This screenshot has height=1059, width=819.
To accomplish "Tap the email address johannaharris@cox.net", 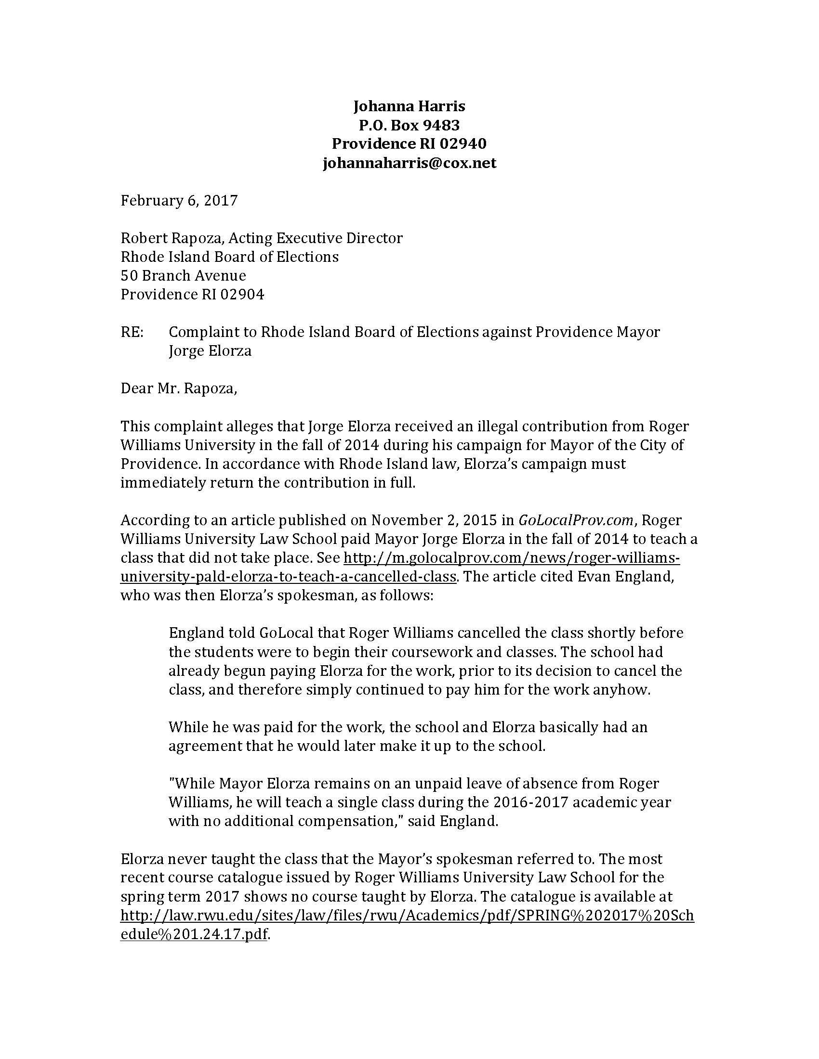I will (x=409, y=162).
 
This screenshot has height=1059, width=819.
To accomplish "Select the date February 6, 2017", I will (x=179, y=200).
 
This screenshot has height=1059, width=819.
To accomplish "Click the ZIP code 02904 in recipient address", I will (x=242, y=294).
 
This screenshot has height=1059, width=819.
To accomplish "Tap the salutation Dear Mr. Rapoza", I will (x=179, y=388).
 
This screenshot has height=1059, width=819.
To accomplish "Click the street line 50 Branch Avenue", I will (x=183, y=275).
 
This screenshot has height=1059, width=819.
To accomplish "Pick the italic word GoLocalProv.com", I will (x=576, y=520).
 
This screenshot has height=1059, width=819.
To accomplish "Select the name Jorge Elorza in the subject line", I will (x=210, y=350).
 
